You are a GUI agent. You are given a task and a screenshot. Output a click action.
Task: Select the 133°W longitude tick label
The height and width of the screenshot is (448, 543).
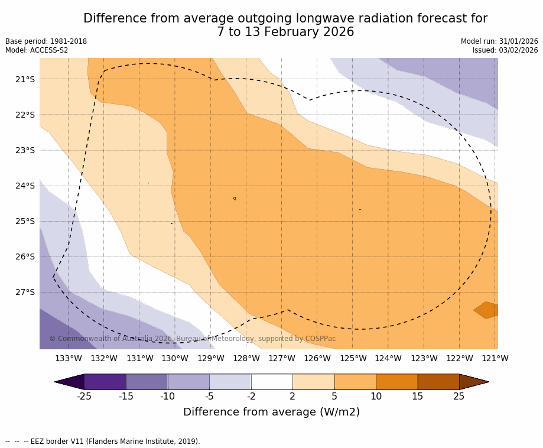pyautogui.click(x=69, y=358)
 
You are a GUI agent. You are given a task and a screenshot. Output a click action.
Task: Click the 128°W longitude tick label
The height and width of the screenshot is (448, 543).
pyautogui.click(x=246, y=358)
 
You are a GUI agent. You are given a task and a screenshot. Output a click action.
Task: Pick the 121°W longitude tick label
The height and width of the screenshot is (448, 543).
pyautogui.click(x=495, y=358)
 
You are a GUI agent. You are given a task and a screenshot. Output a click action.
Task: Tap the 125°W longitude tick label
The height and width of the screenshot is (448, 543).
pyautogui.click(x=353, y=358)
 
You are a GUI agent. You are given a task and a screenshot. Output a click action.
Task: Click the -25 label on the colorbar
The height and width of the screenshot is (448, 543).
pyautogui.click(x=84, y=396)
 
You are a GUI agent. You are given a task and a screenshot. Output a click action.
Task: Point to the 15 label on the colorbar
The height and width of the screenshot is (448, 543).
pyautogui.click(x=418, y=396)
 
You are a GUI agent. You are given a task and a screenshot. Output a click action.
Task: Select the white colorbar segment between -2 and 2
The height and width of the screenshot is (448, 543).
pyautogui.click(x=272, y=382)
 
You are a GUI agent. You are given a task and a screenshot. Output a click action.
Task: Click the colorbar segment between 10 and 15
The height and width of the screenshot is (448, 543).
pyautogui.click(x=396, y=382)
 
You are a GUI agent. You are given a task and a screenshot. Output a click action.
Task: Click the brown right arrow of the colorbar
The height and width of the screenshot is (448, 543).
pyautogui.click(x=473, y=382)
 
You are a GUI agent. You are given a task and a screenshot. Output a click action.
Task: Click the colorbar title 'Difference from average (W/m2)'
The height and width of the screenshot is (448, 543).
pyautogui.click(x=271, y=412)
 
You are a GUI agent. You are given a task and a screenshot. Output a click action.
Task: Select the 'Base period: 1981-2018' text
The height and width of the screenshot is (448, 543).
pyautogui.click(x=46, y=41)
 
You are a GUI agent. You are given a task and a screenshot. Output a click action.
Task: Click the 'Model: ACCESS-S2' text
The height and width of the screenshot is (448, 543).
pyautogui.click(x=37, y=50)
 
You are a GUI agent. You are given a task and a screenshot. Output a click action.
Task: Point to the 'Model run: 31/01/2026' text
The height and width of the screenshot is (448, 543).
pyautogui.click(x=499, y=41)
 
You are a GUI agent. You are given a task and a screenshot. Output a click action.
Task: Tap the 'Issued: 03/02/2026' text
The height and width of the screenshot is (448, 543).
pyautogui.click(x=505, y=50)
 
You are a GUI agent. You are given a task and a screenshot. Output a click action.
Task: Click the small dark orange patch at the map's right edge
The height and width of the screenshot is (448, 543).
pyautogui.click(x=487, y=310)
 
